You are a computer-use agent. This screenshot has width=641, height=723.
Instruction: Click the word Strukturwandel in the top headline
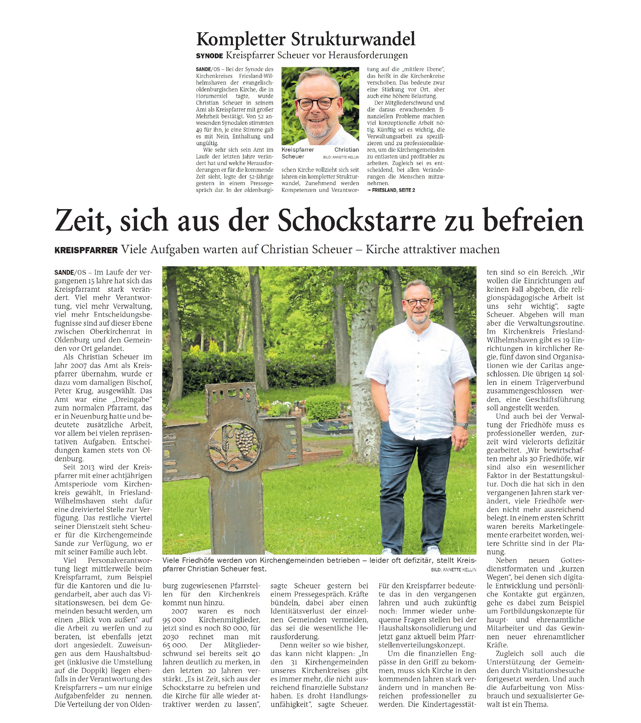353,39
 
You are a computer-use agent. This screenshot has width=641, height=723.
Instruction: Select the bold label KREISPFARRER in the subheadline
86,250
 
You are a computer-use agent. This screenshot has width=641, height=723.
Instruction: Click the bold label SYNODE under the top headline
209,56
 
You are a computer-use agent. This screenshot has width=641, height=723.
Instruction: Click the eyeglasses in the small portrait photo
316,103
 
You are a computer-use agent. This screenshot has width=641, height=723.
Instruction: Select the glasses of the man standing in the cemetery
418,302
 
